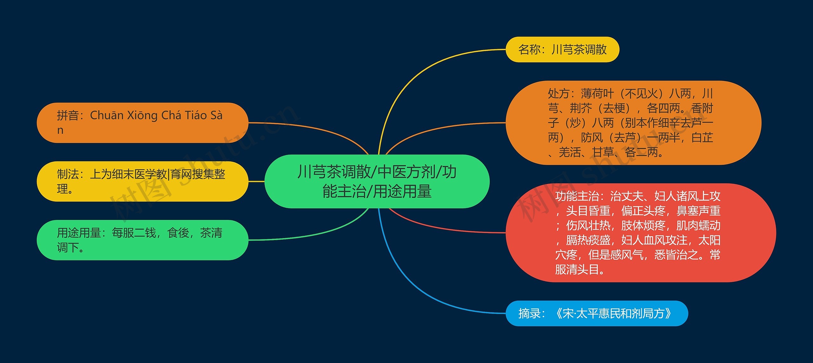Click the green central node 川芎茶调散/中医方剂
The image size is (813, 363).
377,181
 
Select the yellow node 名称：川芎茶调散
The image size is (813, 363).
562,49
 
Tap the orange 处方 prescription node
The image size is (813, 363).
633,123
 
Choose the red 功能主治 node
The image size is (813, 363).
641,233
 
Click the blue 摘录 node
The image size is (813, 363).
597,313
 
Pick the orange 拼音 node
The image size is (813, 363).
143,123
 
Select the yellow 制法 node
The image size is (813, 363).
143,181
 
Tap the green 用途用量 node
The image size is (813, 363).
143,240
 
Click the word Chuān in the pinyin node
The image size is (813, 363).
107,115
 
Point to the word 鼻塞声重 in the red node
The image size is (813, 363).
698,211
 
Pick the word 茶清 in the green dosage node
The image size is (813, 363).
211,233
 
